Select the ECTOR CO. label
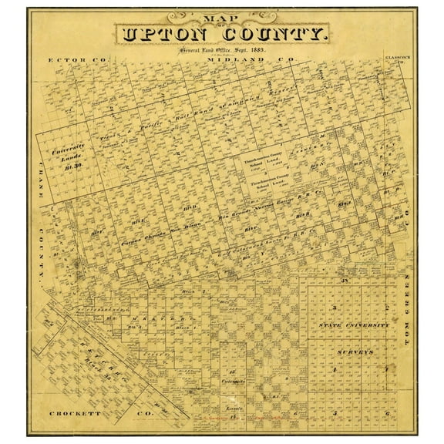point(66,59)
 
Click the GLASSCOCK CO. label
point(396,61)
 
